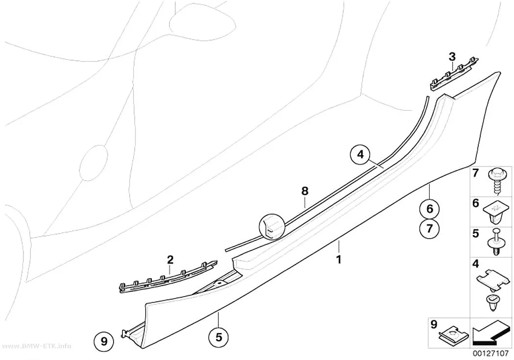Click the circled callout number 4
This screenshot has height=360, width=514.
360,154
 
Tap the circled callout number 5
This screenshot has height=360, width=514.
219,336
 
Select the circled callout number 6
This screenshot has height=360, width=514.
430,209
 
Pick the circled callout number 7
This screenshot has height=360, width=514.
430,228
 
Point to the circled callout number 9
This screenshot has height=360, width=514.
104,342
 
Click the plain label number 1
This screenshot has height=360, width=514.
339,260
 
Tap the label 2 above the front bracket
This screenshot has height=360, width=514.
170,260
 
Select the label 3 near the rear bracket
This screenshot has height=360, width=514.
452,57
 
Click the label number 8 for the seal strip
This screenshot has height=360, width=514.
305,191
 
